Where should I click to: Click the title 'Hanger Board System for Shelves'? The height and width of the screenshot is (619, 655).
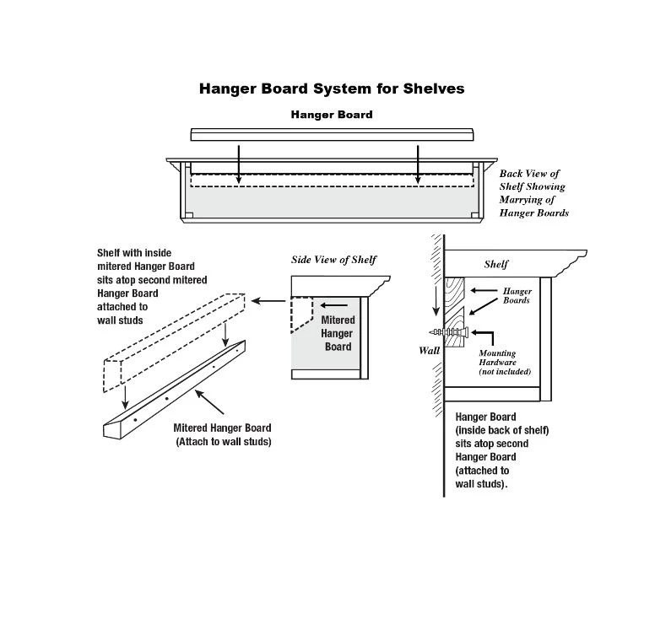332,88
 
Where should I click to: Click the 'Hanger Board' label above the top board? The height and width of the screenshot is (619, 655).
332,114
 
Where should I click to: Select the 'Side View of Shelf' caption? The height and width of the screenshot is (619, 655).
334,259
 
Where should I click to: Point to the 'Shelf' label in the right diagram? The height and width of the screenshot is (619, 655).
496,264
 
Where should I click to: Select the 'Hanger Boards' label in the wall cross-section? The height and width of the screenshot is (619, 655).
517,294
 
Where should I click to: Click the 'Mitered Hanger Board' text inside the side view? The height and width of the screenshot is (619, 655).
338,333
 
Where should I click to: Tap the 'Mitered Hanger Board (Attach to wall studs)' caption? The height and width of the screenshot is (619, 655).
224,434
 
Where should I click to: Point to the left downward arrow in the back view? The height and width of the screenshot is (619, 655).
239,164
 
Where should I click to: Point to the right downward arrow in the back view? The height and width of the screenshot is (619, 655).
418,164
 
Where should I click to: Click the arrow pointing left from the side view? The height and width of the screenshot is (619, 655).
269,300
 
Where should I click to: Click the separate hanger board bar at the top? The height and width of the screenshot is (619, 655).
332,135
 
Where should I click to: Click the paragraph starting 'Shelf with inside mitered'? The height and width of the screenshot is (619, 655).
152,286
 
